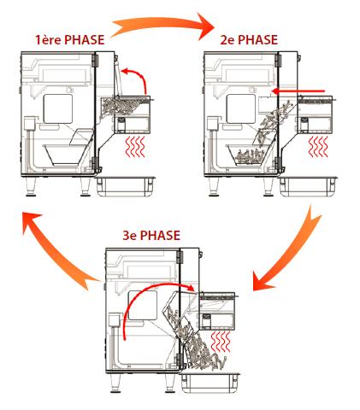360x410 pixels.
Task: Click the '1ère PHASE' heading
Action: click(70, 39)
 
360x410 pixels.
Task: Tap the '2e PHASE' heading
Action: click(249, 39)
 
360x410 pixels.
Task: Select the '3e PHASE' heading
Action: click(151, 236)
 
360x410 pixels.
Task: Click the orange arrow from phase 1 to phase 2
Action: click(162, 24)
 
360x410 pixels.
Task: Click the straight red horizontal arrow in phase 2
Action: click(298, 91)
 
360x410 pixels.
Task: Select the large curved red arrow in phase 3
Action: click(148, 288)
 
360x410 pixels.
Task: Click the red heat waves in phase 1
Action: click(135, 146)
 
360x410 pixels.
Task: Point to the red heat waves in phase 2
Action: click(318, 146)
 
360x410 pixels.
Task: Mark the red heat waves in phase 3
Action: click(220, 342)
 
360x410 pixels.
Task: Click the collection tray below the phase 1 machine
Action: click(126, 186)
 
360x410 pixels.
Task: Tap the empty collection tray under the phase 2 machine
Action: click(309, 186)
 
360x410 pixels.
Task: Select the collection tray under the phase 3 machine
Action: click(210, 382)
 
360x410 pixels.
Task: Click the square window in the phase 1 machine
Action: click(58, 109)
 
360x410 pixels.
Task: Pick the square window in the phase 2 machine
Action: click(241, 109)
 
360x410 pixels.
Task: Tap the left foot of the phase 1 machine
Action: click(31, 186)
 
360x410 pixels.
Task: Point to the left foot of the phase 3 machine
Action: click(115, 383)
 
